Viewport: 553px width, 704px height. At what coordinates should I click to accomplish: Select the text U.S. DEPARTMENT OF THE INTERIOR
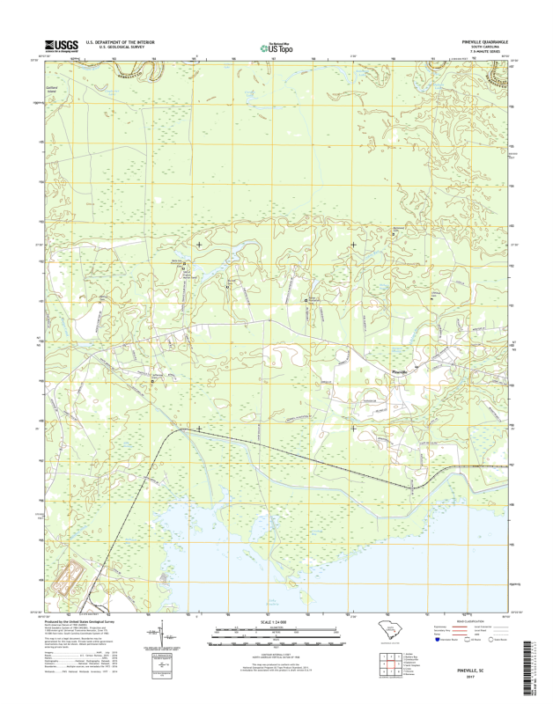click(120, 41)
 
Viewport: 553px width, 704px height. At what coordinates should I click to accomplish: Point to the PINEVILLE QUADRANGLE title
click(484, 41)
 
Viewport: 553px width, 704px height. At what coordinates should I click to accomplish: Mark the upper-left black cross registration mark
click(199, 244)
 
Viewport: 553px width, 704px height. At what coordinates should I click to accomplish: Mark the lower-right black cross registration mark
click(354, 429)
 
